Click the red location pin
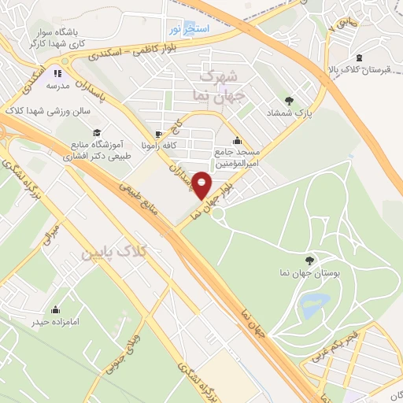pos(202,185)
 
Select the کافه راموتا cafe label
pos(141,146)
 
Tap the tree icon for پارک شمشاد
pos(289,101)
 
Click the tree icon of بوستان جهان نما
pos(309,258)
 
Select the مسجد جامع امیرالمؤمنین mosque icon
pos(237,141)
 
